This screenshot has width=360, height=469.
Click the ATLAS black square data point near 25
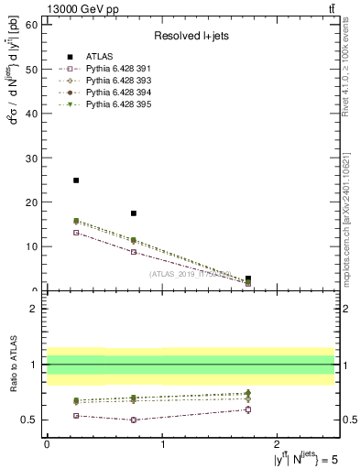pos(76,180)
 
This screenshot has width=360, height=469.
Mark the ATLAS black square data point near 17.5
pos(134,213)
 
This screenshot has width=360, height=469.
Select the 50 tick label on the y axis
pos(33,69)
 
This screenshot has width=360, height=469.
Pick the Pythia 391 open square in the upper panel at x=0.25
pos(76,233)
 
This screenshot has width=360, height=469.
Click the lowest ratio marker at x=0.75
pos(134,420)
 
